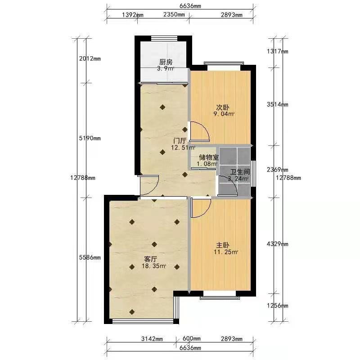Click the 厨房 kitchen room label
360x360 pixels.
[166, 62]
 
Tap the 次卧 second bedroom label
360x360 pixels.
[223, 107]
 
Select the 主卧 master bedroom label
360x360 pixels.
[223, 245]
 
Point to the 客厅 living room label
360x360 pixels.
[151, 259]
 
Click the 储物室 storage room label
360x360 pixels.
[209, 157]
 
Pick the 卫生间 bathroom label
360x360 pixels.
[240, 172]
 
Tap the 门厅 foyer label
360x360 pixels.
[180, 140]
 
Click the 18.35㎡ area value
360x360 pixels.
[154, 266]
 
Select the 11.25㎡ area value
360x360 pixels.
[226, 252]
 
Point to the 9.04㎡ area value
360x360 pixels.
[224, 114]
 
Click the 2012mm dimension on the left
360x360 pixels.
[90, 58]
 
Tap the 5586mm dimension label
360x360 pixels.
[90, 257]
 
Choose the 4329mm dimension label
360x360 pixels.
[277, 244]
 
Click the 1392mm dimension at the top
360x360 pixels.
[132, 15]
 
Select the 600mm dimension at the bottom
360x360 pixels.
[192, 339]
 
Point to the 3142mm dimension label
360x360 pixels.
[152, 339]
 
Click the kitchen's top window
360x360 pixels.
[163, 39]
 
